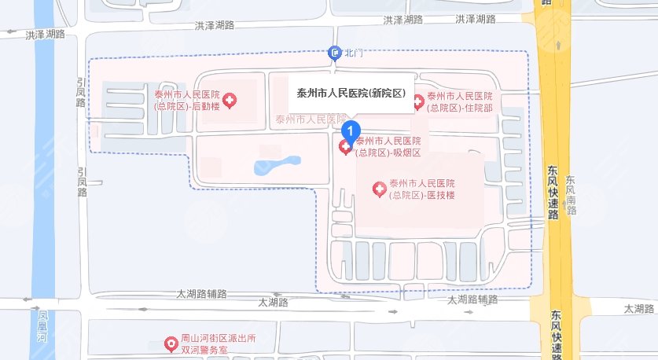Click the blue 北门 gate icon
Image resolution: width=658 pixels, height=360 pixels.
[x=334, y=53]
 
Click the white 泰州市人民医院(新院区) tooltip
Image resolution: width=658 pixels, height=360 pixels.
[x=350, y=94]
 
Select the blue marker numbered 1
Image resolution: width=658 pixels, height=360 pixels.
[x=353, y=130]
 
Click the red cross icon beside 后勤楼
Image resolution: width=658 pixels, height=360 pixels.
[x=230, y=101]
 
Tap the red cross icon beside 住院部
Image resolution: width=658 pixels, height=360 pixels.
[x=418, y=101]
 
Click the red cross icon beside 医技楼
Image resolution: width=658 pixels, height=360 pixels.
[x=379, y=189]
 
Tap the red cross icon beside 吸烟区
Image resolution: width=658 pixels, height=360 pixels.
[x=345, y=147]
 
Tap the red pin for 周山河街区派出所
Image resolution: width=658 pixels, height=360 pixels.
[x=170, y=343]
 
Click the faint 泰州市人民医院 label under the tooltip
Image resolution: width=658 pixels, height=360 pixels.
[x=311, y=119]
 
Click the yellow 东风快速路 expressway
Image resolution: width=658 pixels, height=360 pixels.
[x=558, y=236]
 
